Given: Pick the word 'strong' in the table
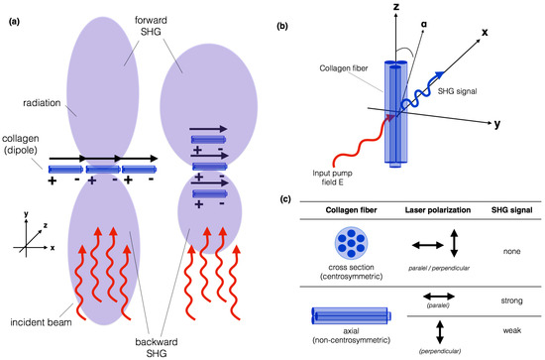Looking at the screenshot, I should click(x=505, y=299).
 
